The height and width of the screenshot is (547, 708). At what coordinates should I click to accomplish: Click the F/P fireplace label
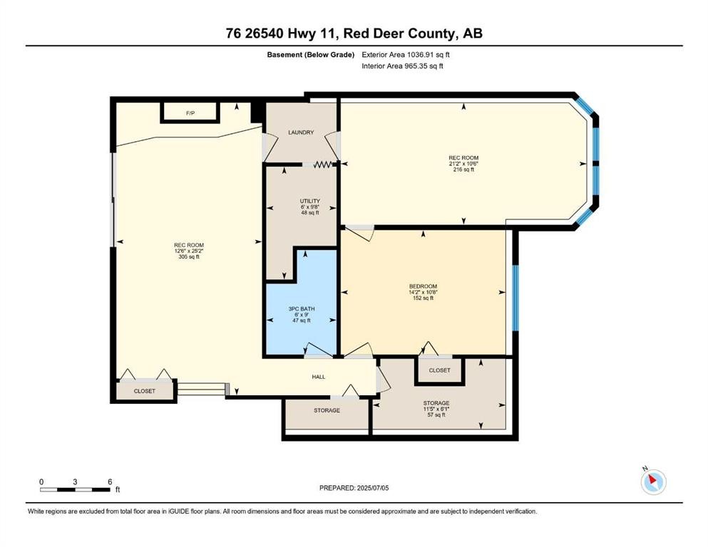190,113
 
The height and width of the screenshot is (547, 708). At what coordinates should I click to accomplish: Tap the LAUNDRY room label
301,132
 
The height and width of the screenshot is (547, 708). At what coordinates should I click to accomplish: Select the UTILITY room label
309,201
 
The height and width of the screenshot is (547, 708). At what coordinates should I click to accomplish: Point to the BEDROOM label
423,286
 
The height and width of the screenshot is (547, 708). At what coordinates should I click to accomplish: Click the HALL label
319,377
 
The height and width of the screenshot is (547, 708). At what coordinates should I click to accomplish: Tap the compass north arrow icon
653,481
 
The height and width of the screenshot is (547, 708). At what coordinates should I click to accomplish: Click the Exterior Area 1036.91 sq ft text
406,55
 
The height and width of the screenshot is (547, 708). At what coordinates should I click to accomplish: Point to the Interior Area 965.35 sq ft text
402,66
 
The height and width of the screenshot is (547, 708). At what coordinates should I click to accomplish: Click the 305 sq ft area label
189,257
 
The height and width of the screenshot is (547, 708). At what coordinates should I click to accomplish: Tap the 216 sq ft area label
463,170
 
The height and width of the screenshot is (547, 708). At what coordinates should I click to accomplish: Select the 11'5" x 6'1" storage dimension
436,409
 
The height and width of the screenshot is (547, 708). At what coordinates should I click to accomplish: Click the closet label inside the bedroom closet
440,370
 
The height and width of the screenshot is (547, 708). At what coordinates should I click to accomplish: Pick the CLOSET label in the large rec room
145,392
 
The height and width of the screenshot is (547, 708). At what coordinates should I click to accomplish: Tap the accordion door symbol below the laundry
322,165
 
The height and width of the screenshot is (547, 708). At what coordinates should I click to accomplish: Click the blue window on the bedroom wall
515,298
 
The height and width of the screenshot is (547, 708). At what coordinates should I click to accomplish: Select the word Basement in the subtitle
284,55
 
